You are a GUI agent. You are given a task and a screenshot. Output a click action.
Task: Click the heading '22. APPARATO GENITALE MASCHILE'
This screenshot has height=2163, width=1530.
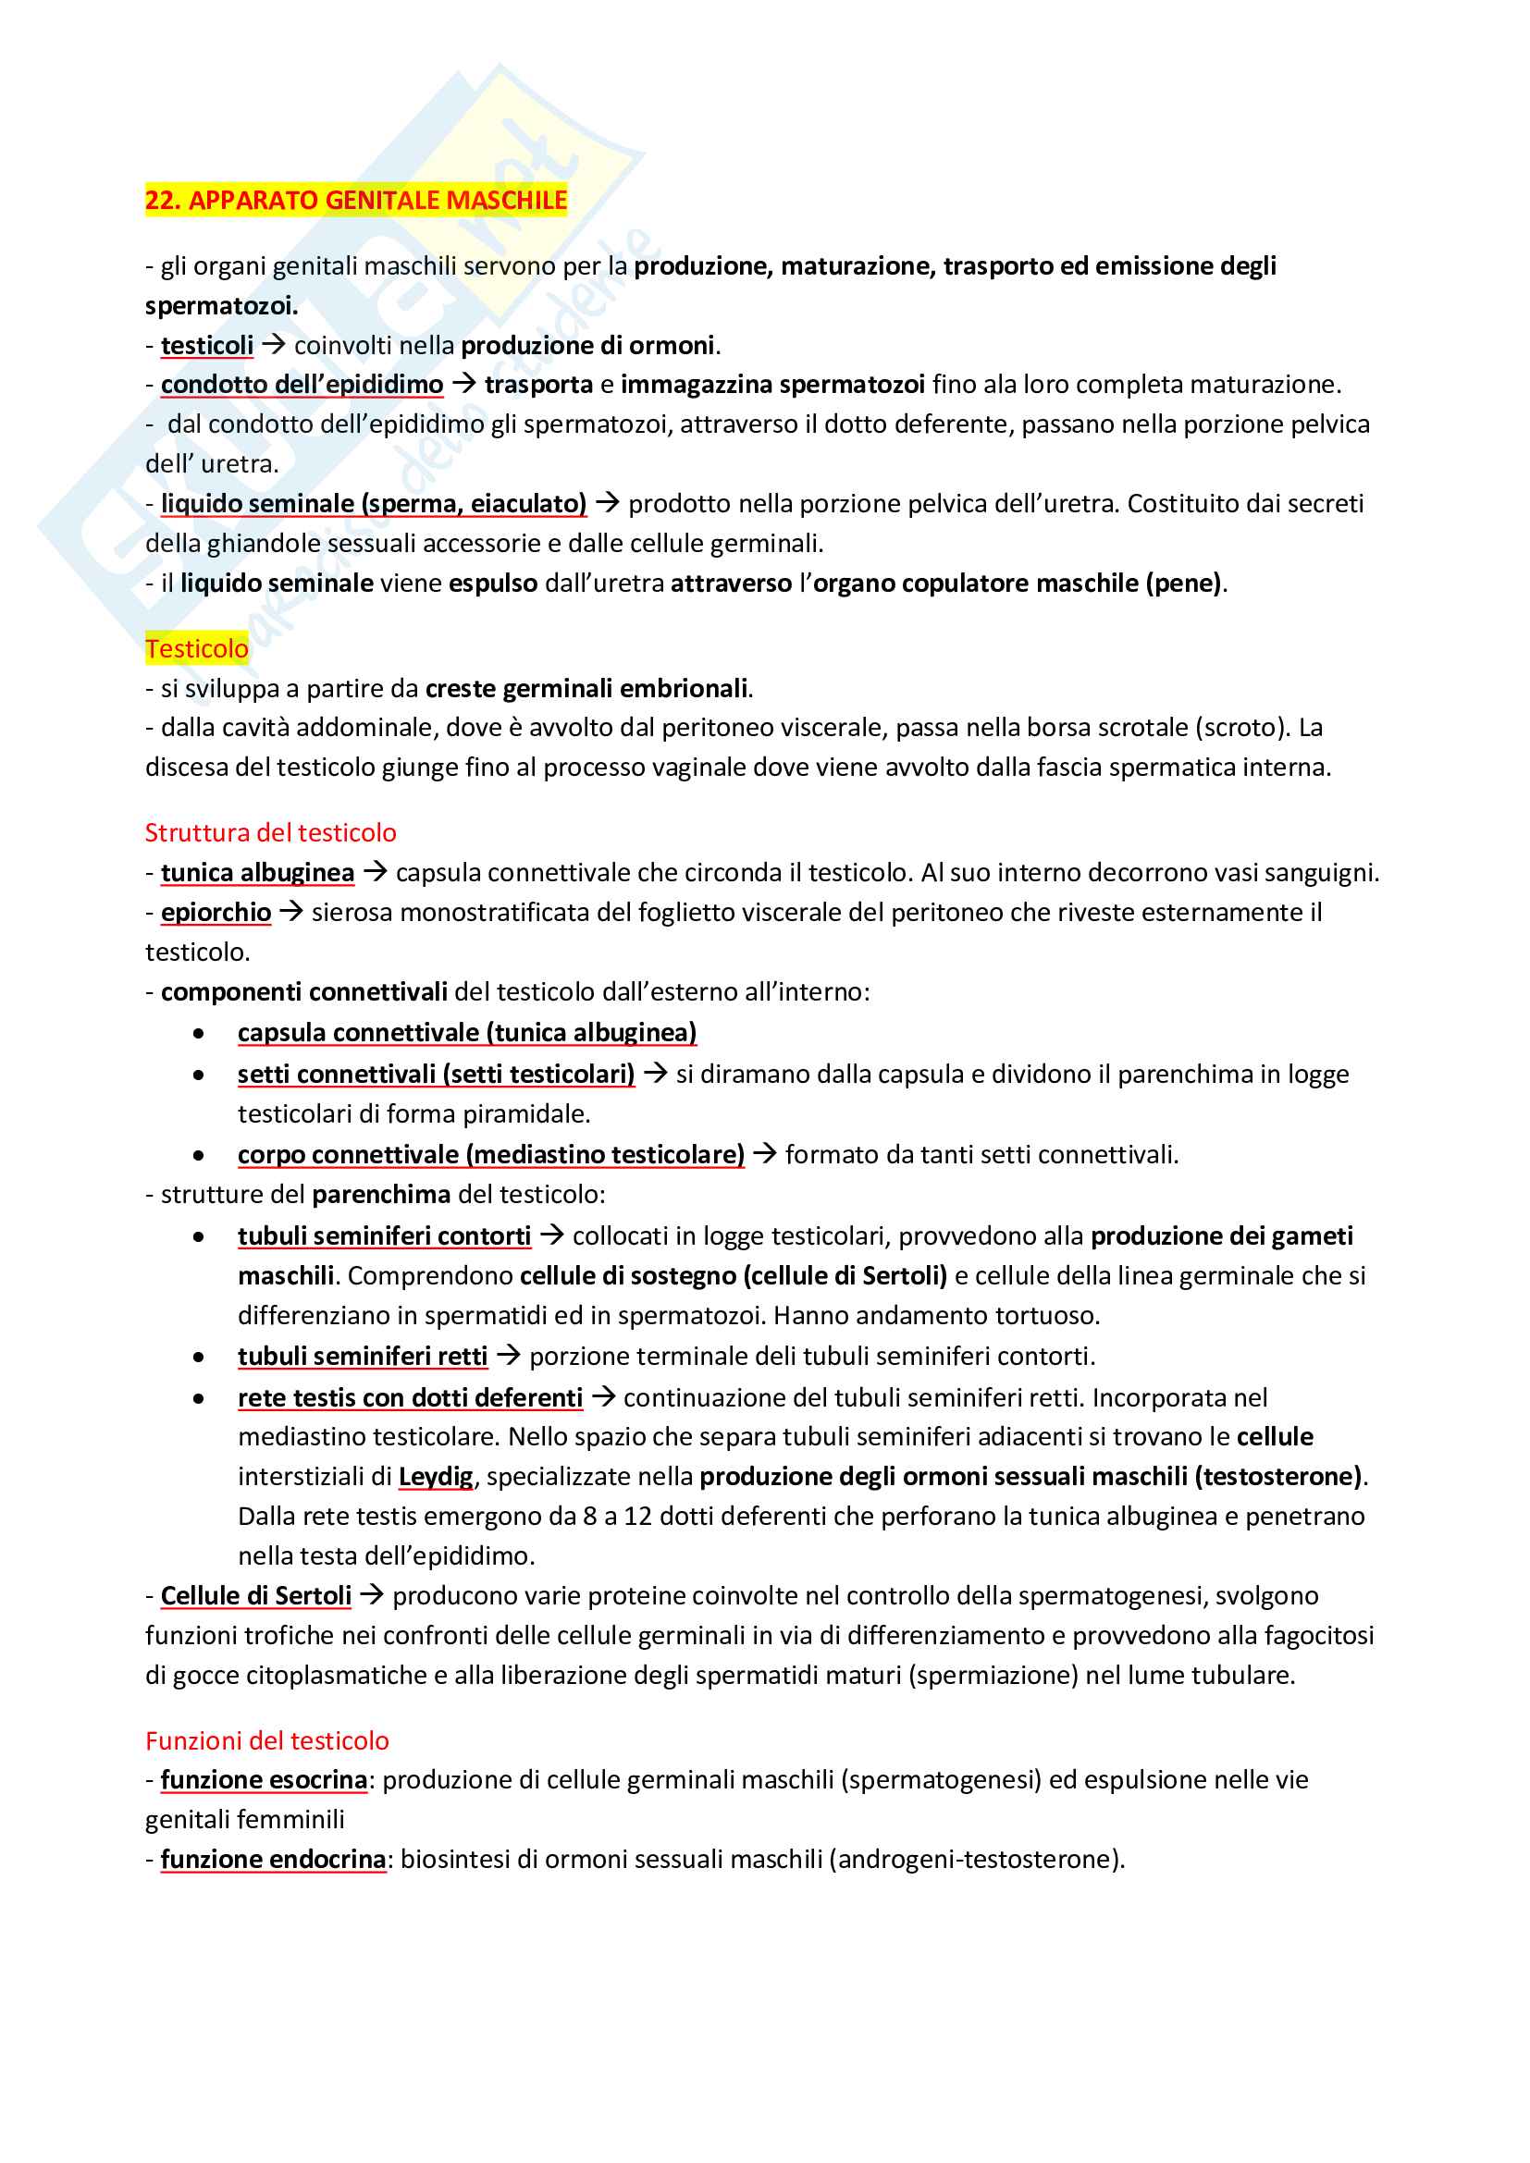(355, 200)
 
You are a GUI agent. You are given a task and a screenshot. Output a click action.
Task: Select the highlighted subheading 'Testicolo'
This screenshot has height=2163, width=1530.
(197, 648)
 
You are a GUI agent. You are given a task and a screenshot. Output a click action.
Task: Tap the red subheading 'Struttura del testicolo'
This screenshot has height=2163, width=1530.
(270, 832)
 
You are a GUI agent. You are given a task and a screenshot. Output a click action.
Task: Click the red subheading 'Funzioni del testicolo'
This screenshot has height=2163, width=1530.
(266, 1740)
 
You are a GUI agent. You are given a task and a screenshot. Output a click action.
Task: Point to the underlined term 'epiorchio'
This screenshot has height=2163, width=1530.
(216, 912)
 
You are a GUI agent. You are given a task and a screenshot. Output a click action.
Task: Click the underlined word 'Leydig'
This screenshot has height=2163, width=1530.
(436, 1475)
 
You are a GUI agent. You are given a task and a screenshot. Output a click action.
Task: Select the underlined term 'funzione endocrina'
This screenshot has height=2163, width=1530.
(273, 1859)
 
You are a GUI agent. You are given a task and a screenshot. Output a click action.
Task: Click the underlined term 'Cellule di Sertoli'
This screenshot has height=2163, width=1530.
(256, 1595)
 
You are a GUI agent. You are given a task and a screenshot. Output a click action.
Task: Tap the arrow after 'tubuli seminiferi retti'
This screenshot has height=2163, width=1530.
(509, 1355)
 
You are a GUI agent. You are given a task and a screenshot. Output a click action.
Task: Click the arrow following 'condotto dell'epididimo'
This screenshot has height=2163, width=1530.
(463, 384)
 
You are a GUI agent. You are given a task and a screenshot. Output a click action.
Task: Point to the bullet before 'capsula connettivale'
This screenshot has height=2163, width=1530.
(198, 1034)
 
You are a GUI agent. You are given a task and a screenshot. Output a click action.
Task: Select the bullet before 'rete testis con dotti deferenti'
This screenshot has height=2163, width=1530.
(198, 1399)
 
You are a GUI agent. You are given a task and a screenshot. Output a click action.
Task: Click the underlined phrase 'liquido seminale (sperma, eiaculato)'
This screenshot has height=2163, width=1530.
(374, 503)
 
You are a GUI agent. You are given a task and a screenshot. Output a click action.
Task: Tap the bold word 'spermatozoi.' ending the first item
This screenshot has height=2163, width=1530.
(221, 305)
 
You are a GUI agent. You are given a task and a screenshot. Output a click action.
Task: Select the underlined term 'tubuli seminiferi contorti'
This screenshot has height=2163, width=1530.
(385, 1235)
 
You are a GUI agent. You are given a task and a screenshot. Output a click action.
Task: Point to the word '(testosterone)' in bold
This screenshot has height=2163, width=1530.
(1278, 1475)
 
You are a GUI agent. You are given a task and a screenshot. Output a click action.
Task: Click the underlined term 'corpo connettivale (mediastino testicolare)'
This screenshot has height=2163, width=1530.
(491, 1154)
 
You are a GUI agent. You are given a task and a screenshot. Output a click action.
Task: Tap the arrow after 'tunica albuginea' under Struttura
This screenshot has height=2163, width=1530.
(375, 871)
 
